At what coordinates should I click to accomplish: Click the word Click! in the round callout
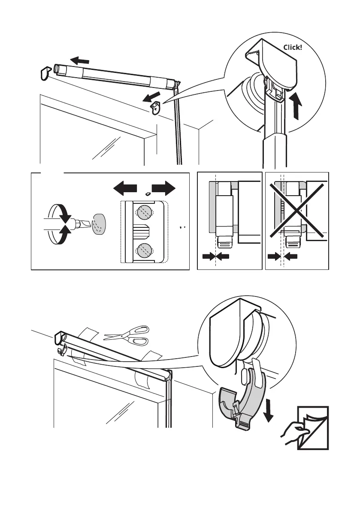293,47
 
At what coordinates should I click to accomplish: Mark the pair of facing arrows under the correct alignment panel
216,257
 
